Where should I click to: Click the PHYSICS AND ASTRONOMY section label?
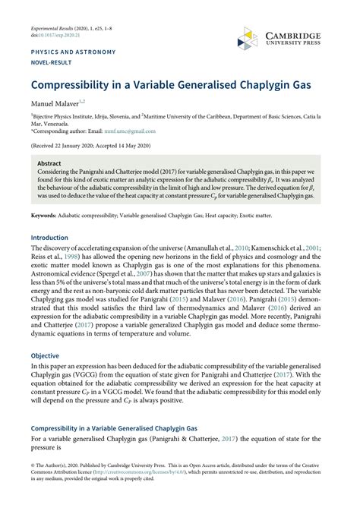73,52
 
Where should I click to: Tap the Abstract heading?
49,163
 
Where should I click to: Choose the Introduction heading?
49,237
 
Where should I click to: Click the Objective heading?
45,355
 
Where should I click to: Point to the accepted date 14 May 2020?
141,144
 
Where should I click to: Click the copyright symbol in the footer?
33,465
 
